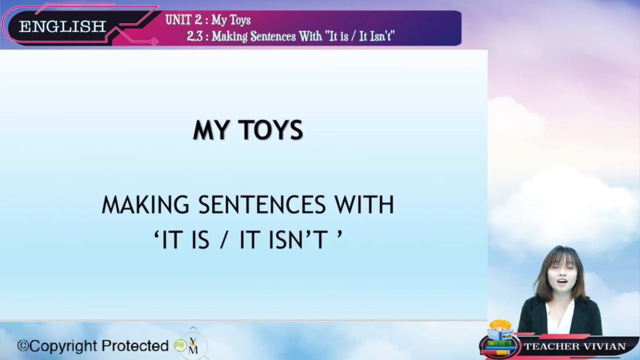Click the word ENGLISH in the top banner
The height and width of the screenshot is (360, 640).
(x=62, y=27)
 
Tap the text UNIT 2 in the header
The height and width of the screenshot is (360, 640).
(x=184, y=20)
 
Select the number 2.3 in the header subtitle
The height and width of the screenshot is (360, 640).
(x=195, y=37)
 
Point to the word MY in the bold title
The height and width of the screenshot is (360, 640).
(x=211, y=130)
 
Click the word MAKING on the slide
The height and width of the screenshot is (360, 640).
(x=146, y=204)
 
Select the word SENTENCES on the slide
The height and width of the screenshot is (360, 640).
(x=262, y=204)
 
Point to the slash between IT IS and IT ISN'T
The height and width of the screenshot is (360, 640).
(x=223, y=239)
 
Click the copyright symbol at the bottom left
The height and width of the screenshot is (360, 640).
(x=23, y=346)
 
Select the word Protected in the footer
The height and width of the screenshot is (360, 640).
(x=135, y=346)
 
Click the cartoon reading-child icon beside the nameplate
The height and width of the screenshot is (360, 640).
(x=500, y=337)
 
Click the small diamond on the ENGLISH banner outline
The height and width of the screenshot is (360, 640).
(x=154, y=41)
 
